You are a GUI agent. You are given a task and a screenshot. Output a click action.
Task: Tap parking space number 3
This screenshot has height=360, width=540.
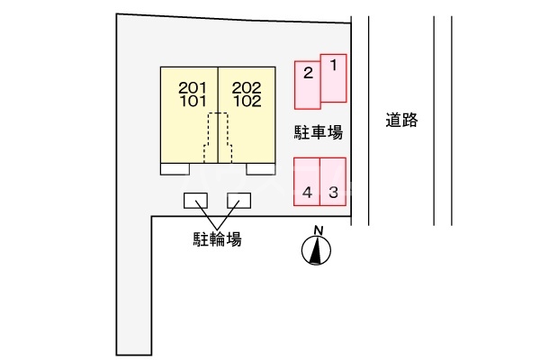[333, 182]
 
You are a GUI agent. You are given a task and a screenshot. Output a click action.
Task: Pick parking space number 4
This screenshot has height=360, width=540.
[307, 182]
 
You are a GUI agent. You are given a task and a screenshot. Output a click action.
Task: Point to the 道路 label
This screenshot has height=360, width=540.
[401, 121]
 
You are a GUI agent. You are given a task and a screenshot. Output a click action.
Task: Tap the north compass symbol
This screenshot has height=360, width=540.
[316, 253]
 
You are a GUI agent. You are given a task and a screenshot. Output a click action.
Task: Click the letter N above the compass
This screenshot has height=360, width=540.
[317, 230]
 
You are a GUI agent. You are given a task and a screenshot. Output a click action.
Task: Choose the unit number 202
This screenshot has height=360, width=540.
[247, 87]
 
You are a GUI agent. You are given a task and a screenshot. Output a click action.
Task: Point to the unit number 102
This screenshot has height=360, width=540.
[247, 101]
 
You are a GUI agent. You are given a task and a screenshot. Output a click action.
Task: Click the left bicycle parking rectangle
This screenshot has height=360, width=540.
[196, 201]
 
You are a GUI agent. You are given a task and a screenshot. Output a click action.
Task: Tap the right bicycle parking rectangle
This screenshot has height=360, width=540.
[239, 201]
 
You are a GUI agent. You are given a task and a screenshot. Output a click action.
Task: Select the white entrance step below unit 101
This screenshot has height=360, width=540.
[175, 168]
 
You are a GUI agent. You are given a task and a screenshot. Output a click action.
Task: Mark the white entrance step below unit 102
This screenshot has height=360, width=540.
[261, 168]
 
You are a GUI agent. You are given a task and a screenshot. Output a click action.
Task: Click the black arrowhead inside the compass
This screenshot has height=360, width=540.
[316, 253]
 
